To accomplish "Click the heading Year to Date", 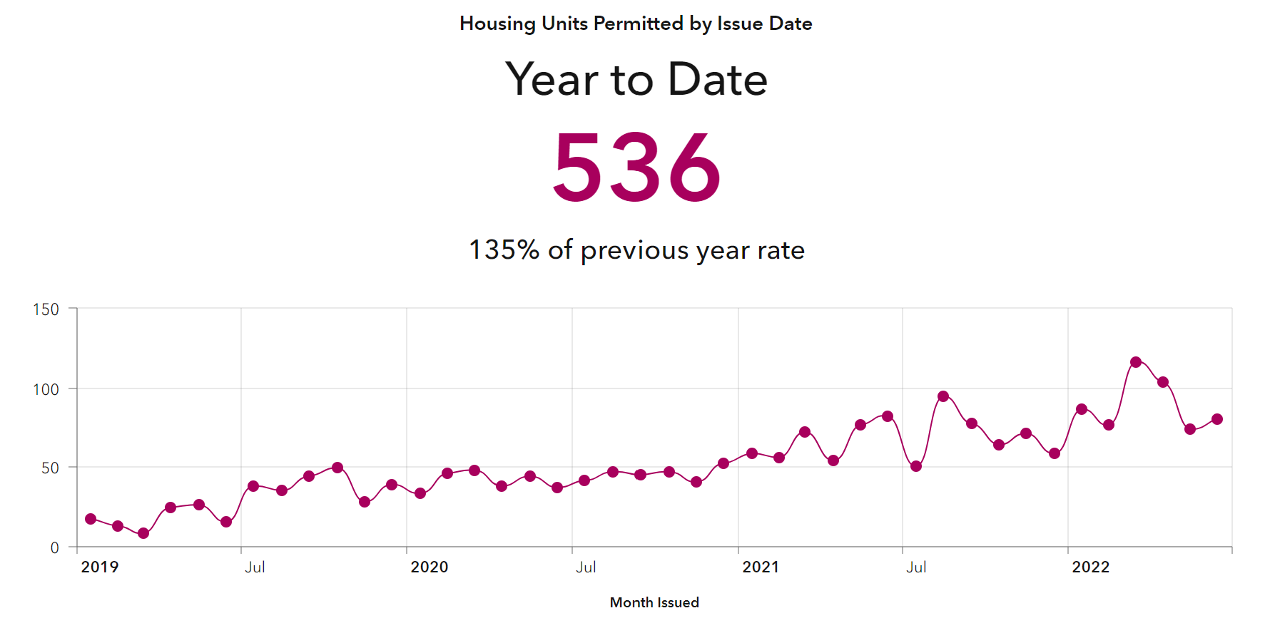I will tap(636, 79).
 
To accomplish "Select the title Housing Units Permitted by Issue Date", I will tap(636, 24).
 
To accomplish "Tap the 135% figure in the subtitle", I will tap(504, 250).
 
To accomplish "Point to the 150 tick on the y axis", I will tap(46, 309).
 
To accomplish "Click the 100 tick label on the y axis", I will tap(46, 389).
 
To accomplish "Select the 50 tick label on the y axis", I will tap(50, 468).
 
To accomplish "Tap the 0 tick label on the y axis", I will tap(55, 547).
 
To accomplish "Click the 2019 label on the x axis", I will tap(100, 567).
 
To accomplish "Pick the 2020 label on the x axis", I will tap(430, 567).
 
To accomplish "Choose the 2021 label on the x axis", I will tap(761, 567).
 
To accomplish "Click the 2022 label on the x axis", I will tap(1091, 567).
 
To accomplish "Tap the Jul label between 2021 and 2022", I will tap(916, 567).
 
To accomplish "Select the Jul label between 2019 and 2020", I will tap(255, 567).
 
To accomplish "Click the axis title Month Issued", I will tap(654, 602).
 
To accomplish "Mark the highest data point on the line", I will tap(1136, 362).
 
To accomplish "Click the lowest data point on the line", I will tap(143, 533).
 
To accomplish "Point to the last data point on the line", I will tap(1217, 419).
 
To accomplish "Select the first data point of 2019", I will tap(91, 519).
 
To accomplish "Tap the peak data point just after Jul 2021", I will tap(943, 396).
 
